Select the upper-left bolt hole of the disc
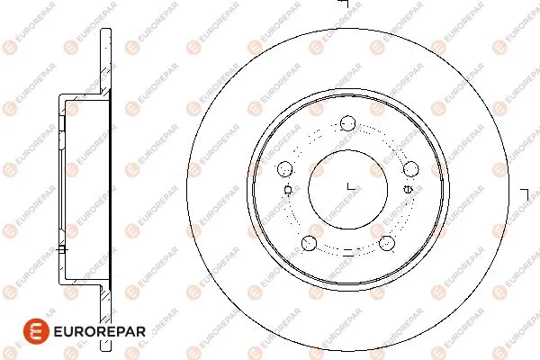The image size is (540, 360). [285, 167]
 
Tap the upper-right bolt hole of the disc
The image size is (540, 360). [411, 167]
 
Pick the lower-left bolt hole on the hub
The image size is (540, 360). [310, 242]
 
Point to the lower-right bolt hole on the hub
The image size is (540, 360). [387, 242]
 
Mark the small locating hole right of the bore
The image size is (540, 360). [409, 189]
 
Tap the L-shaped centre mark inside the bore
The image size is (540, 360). [351, 187]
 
